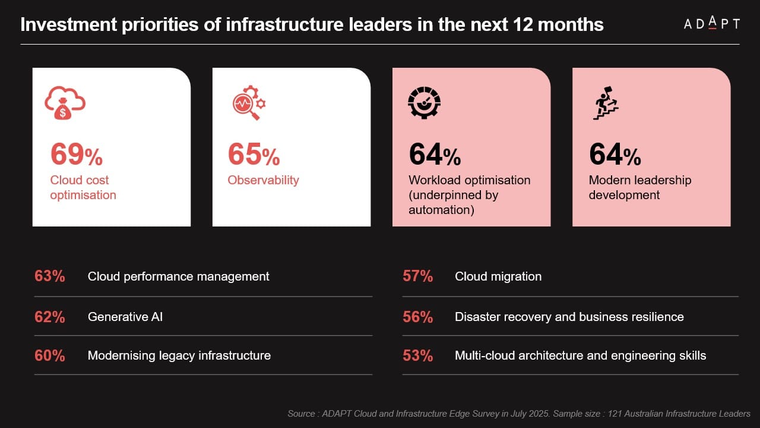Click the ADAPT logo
point(711,24)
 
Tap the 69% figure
point(76,155)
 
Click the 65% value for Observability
point(254,155)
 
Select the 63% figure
point(50,276)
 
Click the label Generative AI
point(125,317)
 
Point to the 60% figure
point(50,355)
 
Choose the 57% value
point(417,276)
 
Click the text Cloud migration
point(498,276)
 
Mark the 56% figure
point(417,317)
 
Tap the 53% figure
point(417,355)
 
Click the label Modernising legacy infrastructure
point(179,355)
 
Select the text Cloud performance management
point(179,276)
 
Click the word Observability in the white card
point(263,180)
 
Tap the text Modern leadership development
point(640,187)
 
